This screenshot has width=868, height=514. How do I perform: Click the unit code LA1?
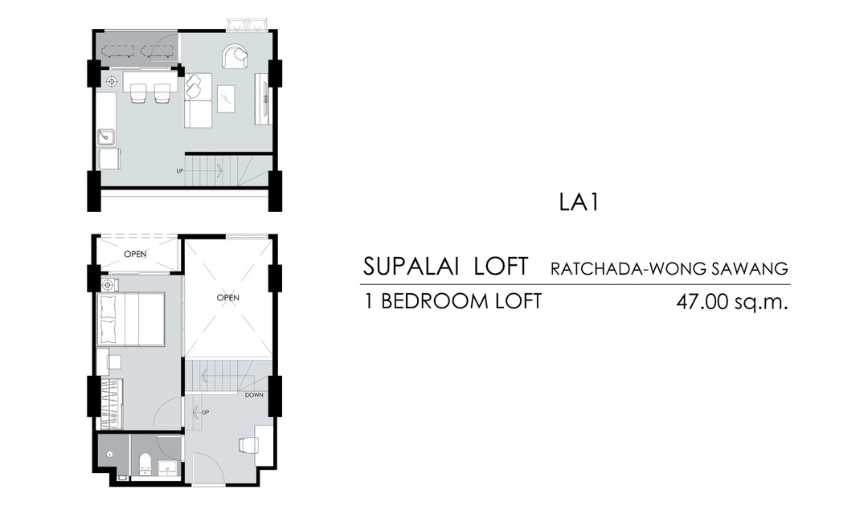coord(579,202)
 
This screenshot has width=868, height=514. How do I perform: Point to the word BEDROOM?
coord(433,301)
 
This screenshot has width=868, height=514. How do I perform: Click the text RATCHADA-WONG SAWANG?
coord(669,269)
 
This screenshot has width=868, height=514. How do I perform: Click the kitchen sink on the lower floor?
coord(106,137)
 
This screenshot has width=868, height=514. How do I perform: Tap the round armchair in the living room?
coord(235,57)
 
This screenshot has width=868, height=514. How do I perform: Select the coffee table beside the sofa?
coord(226,99)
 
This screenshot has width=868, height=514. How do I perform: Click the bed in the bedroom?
coord(131,320)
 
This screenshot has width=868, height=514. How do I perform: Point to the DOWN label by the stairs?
coord(254,395)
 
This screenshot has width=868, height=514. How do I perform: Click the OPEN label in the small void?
coord(136,254)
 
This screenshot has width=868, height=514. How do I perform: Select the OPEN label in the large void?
coord(228,298)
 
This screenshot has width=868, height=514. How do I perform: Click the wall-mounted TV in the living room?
coord(266,99)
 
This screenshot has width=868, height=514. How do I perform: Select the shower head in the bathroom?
coord(109,455)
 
